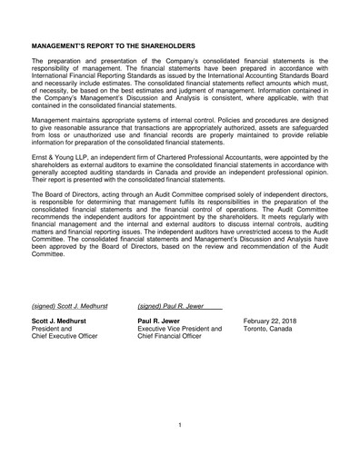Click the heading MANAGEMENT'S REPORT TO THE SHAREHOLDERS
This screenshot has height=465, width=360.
(113, 43)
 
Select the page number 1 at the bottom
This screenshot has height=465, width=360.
(180, 424)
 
